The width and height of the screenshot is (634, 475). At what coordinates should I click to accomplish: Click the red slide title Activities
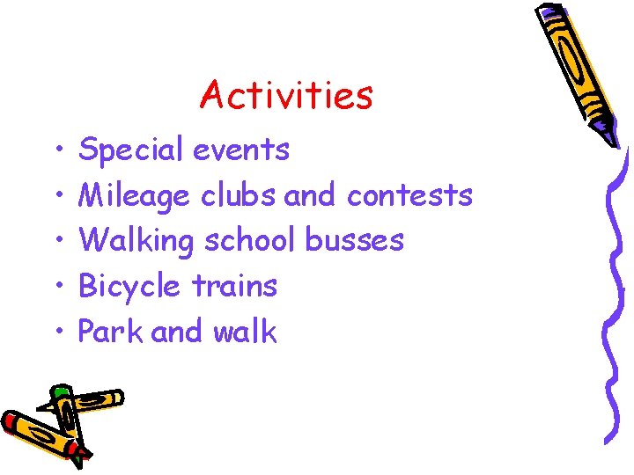[286, 95]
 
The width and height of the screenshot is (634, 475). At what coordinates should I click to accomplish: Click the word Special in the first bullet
[131, 150]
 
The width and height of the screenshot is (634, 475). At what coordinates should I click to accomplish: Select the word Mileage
[134, 195]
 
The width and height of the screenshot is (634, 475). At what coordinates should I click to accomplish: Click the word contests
[409, 194]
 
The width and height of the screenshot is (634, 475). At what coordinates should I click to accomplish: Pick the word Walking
[136, 240]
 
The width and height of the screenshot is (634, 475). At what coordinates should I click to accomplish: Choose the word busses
[354, 239]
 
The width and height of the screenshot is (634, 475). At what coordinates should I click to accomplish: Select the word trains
[234, 286]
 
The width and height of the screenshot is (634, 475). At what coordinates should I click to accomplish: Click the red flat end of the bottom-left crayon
[11, 420]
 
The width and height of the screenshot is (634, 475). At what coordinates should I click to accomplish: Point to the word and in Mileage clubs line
[309, 194]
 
